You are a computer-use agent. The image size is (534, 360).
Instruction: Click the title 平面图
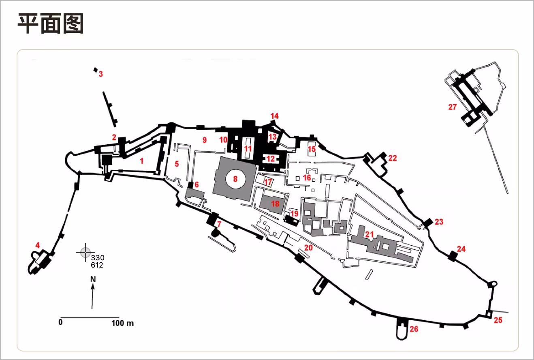(x=51, y=24)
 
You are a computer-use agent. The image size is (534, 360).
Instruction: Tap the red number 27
(x=453, y=107)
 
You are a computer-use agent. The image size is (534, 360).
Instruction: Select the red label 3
(x=101, y=74)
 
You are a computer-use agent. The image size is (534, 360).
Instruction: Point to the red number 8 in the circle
(x=235, y=179)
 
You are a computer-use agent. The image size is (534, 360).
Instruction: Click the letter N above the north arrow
(x=93, y=279)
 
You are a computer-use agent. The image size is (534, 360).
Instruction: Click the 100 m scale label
(x=122, y=323)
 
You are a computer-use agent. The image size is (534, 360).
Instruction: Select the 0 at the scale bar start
(x=60, y=322)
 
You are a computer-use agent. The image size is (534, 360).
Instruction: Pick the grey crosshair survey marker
(x=85, y=253)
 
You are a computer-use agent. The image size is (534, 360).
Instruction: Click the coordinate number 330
(x=98, y=258)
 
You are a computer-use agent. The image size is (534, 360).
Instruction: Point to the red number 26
(x=414, y=329)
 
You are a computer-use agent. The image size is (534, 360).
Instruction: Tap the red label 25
(x=498, y=320)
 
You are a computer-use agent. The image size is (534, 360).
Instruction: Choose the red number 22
(x=392, y=158)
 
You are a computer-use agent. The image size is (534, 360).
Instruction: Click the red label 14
(x=274, y=116)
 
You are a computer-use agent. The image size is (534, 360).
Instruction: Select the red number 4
(x=37, y=245)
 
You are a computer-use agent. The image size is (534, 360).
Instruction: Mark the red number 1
(x=142, y=161)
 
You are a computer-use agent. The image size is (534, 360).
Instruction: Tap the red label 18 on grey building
(x=275, y=204)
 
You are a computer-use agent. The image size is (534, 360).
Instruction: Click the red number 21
(x=369, y=234)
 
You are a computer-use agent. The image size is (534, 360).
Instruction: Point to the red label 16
(x=307, y=178)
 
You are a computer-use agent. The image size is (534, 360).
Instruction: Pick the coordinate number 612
(x=97, y=265)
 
